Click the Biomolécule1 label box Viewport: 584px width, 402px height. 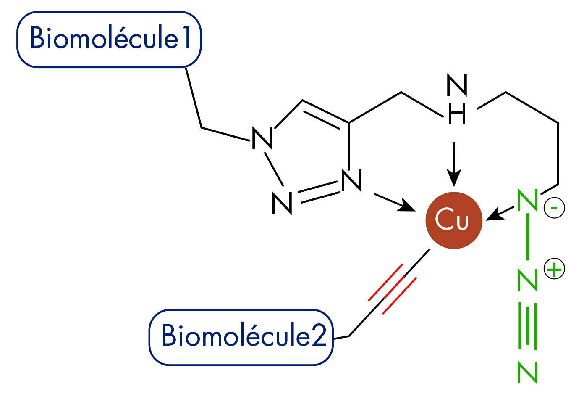coord(109,39)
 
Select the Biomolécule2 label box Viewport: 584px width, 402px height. coord(241,337)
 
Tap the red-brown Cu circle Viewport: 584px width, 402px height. coord(453,220)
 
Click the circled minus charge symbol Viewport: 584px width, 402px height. coord(554,208)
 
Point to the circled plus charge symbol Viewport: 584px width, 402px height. coord(554,269)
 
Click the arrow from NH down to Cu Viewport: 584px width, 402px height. coord(454,164)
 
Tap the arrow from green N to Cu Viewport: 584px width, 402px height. coord(500,213)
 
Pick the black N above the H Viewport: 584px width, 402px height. coord(457,85)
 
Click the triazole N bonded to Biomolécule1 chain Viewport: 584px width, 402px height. coord(262,138)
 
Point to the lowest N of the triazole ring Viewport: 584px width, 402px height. coord(282,203)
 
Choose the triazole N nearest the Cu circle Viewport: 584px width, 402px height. coord(351,181)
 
